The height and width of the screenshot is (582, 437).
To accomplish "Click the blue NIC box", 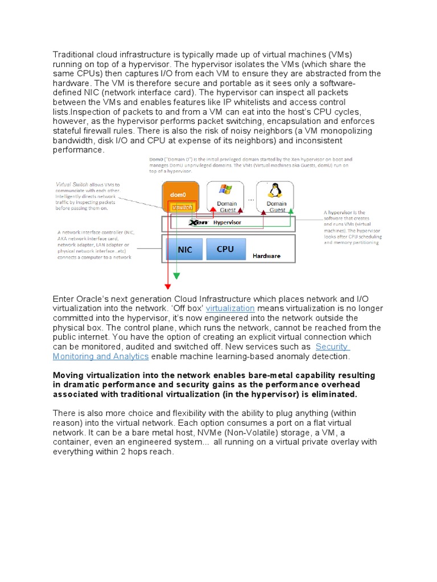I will click(x=185, y=250).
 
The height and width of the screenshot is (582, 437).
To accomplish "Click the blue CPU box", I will click(x=225, y=249).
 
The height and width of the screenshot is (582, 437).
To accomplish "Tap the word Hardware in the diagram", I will click(x=266, y=256).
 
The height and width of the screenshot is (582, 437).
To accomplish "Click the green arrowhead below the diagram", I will click(x=176, y=276).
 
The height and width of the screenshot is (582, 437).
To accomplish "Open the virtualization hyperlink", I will click(x=230, y=309).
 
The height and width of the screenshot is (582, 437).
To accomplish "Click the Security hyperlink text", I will click(x=332, y=347).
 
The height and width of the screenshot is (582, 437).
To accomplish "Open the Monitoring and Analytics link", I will click(x=101, y=356).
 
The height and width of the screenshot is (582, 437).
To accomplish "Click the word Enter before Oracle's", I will click(x=63, y=299).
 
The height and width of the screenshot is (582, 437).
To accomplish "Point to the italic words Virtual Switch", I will click(x=72, y=185).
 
